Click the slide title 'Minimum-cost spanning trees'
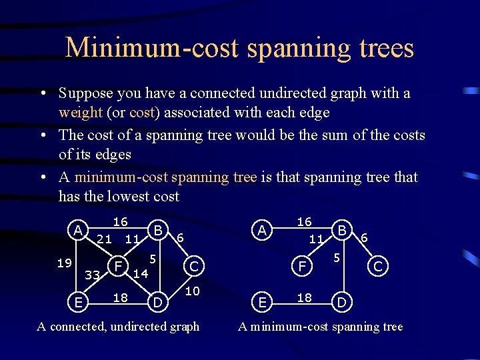coord(240,48)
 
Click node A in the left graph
coord(79,231)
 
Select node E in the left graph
coord(79,303)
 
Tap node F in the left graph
coord(118,266)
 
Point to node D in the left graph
coord(158,303)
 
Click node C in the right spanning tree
coord(378,267)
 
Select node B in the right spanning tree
coord(342,231)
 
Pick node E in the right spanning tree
coord(263,303)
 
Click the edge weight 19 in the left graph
coord(64,263)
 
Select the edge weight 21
coord(103,239)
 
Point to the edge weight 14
coord(139,273)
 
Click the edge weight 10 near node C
coord(192,291)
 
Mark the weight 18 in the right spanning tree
coord(304,297)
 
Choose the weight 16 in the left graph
coord(120,221)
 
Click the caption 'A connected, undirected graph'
coord(118,327)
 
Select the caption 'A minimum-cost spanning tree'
coord(321,327)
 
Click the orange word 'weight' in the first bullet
coord(79,113)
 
